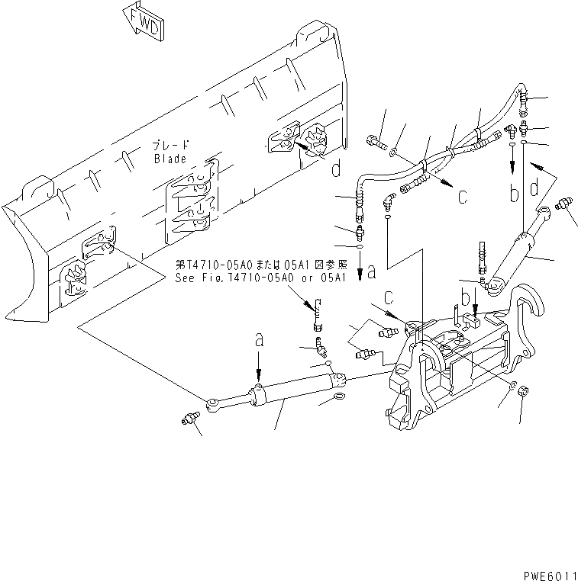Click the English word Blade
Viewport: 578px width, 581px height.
[x=170, y=159]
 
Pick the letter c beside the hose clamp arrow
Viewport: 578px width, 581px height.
[x=462, y=196]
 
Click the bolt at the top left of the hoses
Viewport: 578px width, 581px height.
[x=374, y=143]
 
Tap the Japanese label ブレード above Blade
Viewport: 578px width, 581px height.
[x=170, y=145]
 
